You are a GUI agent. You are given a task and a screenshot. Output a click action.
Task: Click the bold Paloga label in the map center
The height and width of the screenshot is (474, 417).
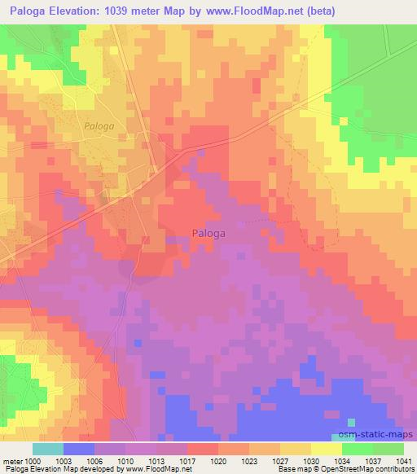pos(208,232)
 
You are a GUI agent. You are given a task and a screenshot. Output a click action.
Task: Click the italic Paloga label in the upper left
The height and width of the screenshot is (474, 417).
pos(100,126)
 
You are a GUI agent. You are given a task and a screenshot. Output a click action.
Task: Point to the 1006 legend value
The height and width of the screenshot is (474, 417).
pos(94,460)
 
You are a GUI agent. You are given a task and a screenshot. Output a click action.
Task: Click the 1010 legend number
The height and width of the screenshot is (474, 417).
pos(125,460)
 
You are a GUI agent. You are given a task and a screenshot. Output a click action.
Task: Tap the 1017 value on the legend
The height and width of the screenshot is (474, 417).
pos(187,460)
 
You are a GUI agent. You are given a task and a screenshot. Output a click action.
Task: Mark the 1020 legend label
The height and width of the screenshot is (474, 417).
pos(217,460)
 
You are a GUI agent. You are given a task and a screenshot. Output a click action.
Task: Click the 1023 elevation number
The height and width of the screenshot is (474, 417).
pos(248,460)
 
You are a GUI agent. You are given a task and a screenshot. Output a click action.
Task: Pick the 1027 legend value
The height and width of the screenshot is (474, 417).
pos(279,460)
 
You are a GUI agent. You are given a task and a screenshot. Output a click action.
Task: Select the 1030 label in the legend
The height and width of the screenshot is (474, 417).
pos(310,460)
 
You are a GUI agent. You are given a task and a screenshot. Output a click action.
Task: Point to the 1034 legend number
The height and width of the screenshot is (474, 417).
pos(342,460)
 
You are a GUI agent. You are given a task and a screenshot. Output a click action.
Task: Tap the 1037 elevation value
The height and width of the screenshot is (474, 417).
pos(372,460)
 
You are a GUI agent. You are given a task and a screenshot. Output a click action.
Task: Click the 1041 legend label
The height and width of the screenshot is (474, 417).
pos(402,460)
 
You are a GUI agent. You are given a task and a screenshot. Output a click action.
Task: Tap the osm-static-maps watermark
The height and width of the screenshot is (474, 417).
pos(375,436)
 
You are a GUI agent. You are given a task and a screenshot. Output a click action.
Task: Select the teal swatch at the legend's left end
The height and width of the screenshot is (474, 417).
pos(47,449)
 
